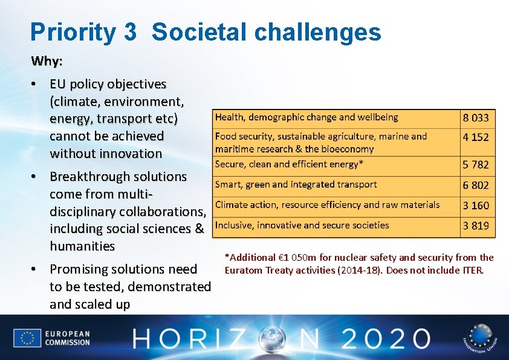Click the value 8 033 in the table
476,118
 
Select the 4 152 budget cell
476,137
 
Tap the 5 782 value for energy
476,165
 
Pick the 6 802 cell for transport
476,185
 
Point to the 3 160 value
476,206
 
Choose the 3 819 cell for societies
476,226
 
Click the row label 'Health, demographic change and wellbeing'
306,117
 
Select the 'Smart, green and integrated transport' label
296,185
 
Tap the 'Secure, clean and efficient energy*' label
290,164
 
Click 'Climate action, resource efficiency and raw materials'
327,205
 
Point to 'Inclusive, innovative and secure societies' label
302,226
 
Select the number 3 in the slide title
129,32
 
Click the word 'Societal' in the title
196,32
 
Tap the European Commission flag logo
27,338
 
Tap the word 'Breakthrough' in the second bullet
88,177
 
